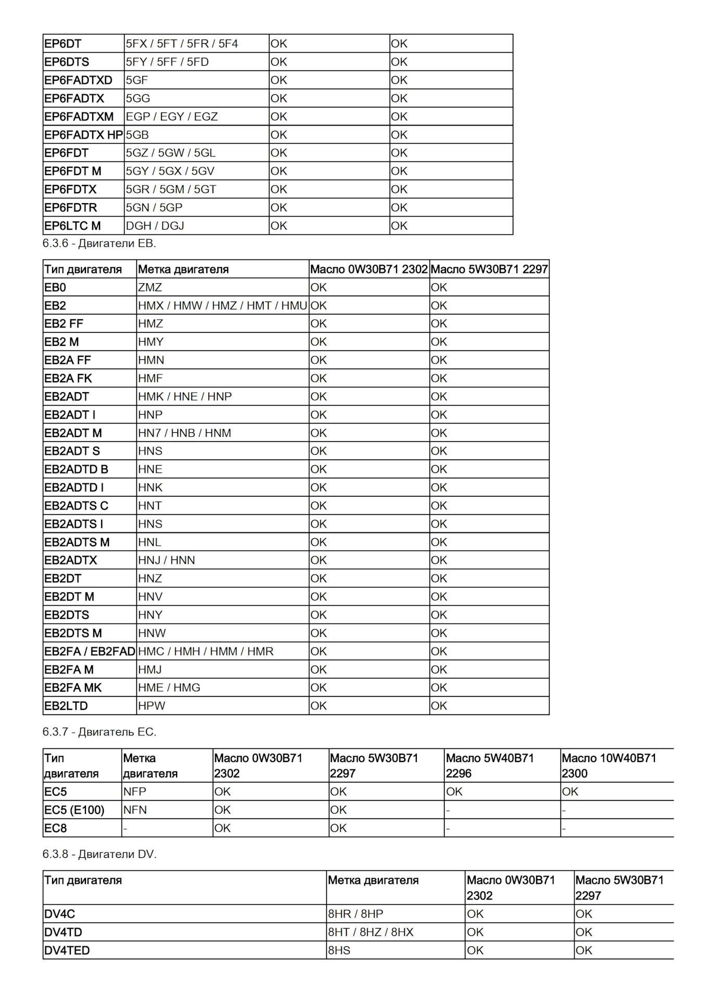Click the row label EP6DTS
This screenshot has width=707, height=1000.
coord(67,62)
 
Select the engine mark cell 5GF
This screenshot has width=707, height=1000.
coord(137,80)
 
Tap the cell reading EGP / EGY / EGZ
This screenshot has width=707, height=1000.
coord(172,117)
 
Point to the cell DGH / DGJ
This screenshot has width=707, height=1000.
coord(155,226)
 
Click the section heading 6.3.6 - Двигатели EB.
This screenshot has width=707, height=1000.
coord(100,243)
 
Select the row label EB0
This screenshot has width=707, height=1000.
coord(55,287)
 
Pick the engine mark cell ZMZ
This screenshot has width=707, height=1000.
coord(150,287)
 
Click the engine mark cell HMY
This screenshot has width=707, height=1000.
coord(151,342)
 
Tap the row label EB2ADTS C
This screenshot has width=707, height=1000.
coord(76,506)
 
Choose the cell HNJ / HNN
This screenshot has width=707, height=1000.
coord(167,560)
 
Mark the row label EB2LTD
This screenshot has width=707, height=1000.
coord(66,706)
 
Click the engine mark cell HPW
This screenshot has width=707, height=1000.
coord(152,706)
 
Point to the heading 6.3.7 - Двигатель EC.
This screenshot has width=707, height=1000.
coord(100,732)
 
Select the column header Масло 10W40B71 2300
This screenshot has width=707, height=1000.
coord(609,766)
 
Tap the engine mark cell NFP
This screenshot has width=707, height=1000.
coord(135,792)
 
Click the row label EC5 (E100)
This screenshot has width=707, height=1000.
coord(75,810)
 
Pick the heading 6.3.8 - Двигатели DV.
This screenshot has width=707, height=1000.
coord(100,854)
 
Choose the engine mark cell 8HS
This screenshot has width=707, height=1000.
coord(339,951)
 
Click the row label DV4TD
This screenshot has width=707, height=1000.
coord(64,932)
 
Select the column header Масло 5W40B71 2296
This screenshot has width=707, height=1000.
coord(490,766)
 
